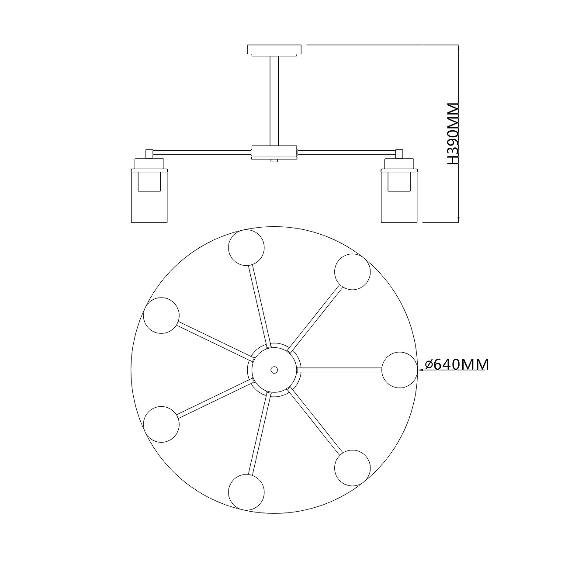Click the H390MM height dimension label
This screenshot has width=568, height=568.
[453, 134]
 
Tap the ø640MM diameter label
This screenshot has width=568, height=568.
[457, 365]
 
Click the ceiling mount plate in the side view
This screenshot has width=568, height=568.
[274, 50]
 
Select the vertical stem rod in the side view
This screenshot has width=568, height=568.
[274, 100]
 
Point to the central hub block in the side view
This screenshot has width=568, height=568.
[274, 152]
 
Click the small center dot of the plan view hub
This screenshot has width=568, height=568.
[274, 370]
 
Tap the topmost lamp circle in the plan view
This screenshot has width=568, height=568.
[246, 248]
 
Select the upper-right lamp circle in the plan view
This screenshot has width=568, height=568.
[352, 272]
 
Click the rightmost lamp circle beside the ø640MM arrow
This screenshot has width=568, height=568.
[400, 370]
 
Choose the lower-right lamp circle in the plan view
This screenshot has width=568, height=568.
[352, 468]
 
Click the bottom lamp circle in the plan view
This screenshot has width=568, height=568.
[246, 492]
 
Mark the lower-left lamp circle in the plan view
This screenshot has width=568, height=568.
[161, 424]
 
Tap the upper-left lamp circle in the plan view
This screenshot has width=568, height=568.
[161, 315]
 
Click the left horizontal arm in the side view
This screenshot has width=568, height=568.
[201, 152]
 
